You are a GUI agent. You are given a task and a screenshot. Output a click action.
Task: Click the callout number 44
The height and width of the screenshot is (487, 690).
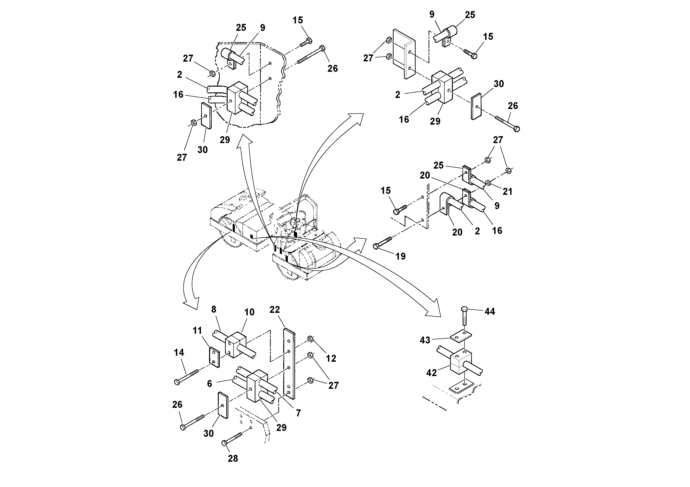(x=490, y=311)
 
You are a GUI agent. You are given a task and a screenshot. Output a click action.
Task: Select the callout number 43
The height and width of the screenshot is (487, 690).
(x=425, y=340)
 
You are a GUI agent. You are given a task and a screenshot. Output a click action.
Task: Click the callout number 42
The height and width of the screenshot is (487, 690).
(x=431, y=373)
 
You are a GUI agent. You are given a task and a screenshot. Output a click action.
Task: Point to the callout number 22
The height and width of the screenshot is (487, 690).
(x=274, y=310)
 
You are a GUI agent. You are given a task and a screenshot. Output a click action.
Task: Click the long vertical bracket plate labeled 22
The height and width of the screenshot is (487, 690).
(x=289, y=363)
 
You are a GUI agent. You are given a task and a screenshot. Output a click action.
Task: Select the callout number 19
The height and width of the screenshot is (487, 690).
(x=400, y=256)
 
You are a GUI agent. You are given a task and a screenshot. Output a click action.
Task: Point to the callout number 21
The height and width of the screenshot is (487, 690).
(x=507, y=191)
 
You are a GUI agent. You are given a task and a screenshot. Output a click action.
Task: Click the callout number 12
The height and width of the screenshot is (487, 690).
(x=331, y=358)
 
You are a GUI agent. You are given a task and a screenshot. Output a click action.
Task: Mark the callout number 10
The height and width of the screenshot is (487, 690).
(x=249, y=312)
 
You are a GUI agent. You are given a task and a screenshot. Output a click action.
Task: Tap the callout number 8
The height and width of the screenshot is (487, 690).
(x=214, y=309)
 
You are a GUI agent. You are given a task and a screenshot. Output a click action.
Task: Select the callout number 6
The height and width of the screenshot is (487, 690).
(x=210, y=383)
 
